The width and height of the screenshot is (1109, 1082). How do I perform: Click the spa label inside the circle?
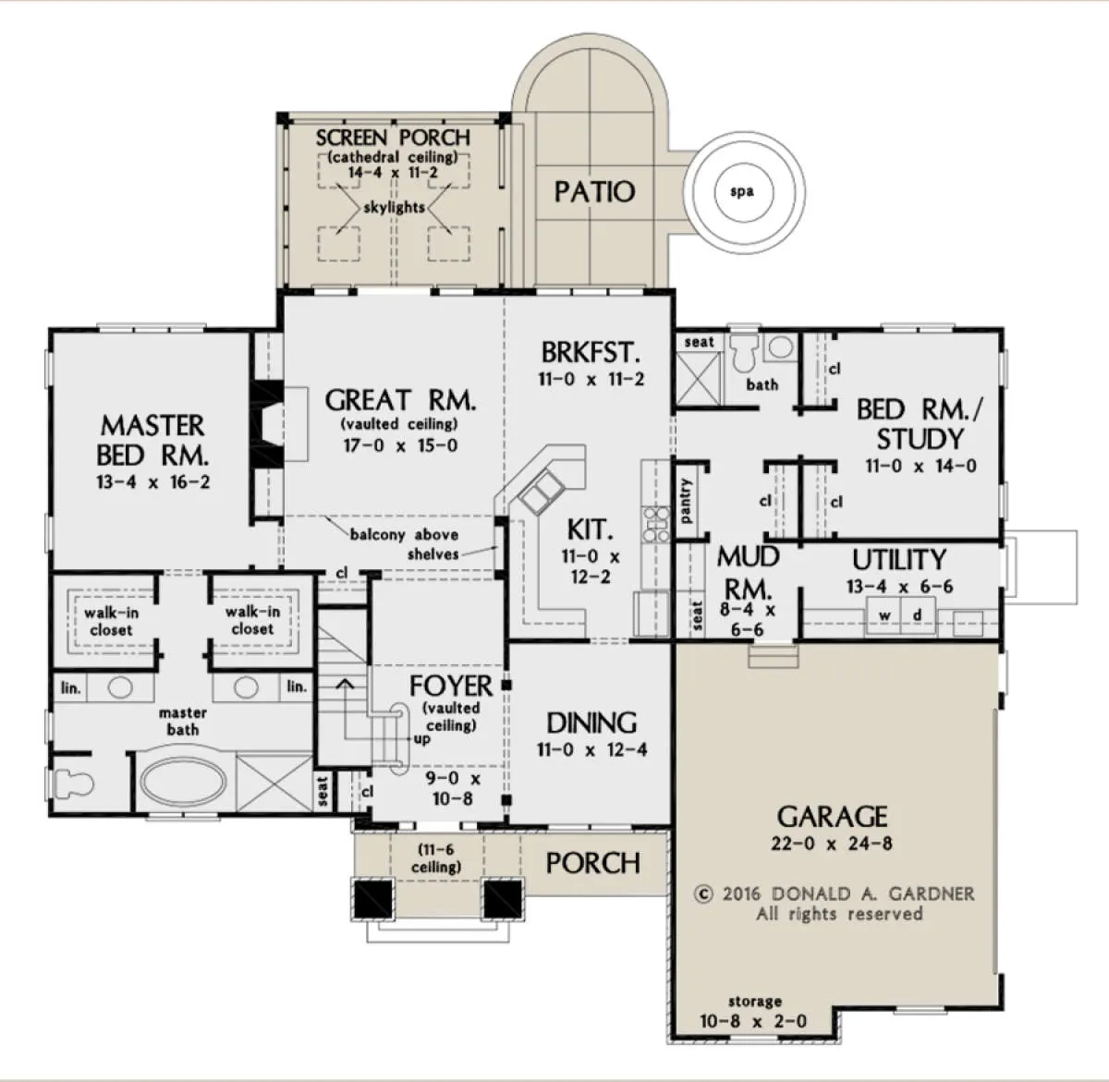click(742, 192)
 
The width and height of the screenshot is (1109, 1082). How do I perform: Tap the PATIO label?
click(594, 191)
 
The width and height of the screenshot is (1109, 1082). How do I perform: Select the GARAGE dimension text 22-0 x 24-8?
click(832, 844)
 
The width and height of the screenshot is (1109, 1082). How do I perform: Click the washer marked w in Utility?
click(884, 616)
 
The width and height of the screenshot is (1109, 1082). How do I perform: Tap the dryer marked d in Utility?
click(918, 616)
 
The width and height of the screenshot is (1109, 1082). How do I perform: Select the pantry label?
click(686, 501)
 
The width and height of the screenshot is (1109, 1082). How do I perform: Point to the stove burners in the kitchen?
click(656, 524)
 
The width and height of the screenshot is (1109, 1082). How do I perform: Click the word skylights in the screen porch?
click(395, 207)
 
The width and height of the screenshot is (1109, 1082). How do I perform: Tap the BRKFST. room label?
click(591, 352)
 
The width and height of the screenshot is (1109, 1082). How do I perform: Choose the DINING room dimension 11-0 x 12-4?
click(591, 749)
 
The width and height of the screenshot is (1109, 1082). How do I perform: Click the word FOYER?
click(450, 686)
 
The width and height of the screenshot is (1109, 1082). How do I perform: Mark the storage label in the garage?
click(755, 1001)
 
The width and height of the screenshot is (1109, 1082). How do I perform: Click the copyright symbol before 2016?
click(703, 894)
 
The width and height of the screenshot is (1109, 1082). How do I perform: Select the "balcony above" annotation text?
click(404, 535)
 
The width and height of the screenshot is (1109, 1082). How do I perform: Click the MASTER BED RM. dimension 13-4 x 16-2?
click(153, 482)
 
